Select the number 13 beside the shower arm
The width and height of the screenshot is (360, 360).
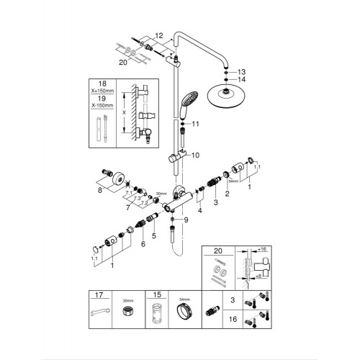(x=242, y=72)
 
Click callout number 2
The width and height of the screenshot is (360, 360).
(x=227, y=194)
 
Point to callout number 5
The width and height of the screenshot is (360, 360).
(x=152, y=235)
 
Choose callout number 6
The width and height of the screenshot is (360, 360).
(x=143, y=245)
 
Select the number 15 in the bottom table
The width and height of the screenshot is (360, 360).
(x=156, y=295)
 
